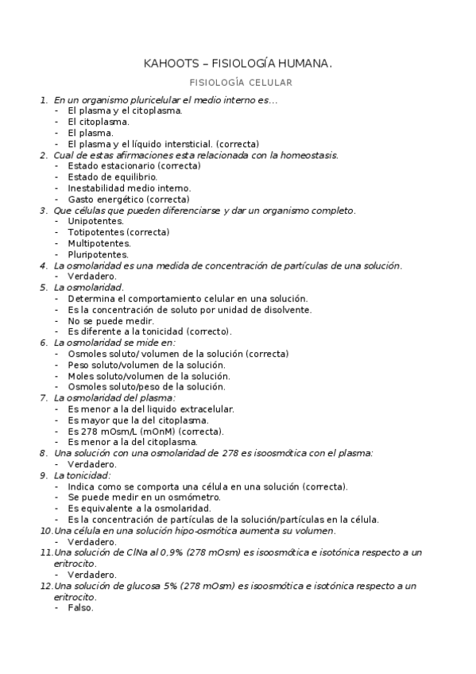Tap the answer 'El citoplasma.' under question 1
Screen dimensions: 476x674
(99, 122)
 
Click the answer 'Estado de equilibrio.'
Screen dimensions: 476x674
(106, 176)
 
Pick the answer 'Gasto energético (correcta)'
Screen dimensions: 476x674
(128, 199)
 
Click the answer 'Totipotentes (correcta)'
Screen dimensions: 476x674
(118, 232)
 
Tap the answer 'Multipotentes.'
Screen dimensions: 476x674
(99, 243)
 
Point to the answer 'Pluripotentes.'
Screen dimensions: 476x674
(99, 254)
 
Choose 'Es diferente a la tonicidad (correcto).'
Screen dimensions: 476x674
(149, 331)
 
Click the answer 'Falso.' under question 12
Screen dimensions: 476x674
(80, 607)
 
